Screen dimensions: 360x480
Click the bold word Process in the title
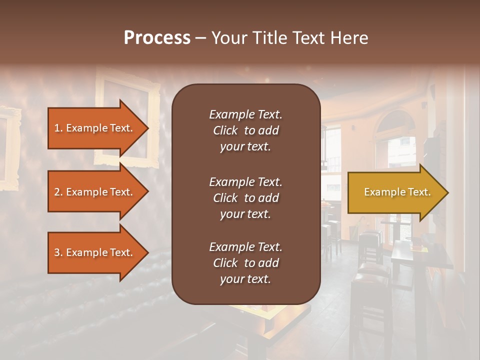tap(157, 38)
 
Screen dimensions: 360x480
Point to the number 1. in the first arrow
tap(58, 128)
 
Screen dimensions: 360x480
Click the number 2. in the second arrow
tap(58, 192)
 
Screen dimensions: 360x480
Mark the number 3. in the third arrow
tap(58, 252)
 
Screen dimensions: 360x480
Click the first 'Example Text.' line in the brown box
tap(245, 114)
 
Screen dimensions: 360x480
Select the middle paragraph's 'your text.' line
tap(245, 214)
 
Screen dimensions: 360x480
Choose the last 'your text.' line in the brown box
tap(245, 279)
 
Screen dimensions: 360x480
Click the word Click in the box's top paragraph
tap(225, 130)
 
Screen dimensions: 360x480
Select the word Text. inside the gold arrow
tap(417, 192)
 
